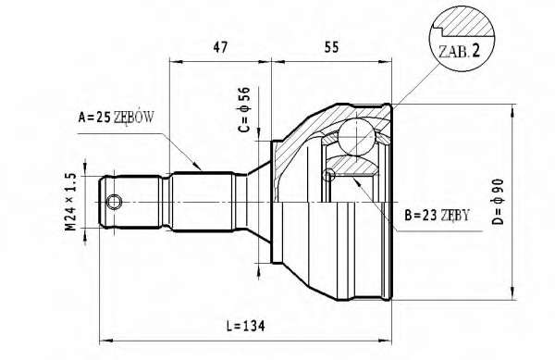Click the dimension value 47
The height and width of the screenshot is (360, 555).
pyautogui.click(x=220, y=47)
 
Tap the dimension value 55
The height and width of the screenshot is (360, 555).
pyautogui.click(x=331, y=47)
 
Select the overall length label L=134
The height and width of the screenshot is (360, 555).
pyautogui.click(x=245, y=326)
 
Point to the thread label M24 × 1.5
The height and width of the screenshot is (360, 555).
pyautogui.click(x=70, y=202)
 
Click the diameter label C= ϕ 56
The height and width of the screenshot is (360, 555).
pyautogui.click(x=244, y=109)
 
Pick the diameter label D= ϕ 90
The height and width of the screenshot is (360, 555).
pyautogui.click(x=498, y=202)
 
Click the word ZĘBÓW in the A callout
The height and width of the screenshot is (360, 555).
pyautogui.click(x=134, y=117)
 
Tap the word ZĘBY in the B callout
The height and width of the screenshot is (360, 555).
pyautogui.click(x=455, y=215)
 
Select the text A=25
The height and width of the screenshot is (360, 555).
pyautogui.click(x=94, y=118)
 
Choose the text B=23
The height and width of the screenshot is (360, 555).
pyautogui.click(x=420, y=215)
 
